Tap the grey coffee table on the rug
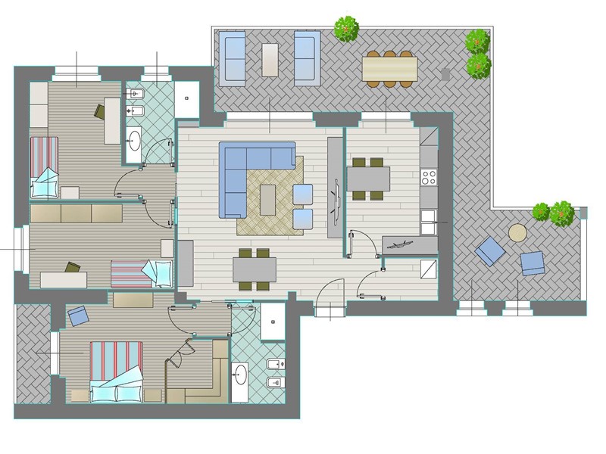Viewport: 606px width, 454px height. (268, 200)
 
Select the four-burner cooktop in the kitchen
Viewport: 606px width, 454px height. (429, 177)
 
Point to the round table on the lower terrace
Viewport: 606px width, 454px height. (517, 233)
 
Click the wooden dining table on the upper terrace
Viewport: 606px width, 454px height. (389, 69)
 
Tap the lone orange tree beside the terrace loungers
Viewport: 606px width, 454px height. (346, 29)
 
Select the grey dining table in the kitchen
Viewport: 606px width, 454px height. (368, 179)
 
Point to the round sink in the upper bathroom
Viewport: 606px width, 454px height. (135, 138)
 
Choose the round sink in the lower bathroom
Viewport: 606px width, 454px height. (240, 372)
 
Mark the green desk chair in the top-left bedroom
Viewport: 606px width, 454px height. (100, 112)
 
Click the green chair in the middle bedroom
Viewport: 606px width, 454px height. (73, 267)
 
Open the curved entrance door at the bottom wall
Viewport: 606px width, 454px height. (331, 295)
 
